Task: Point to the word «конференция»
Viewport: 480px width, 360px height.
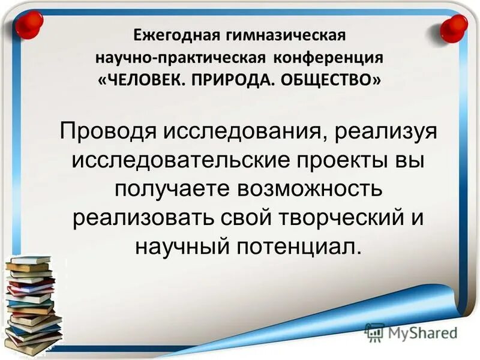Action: (x=329, y=58)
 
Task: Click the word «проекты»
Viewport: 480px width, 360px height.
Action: (x=327, y=162)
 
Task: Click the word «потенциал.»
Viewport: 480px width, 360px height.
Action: (x=299, y=247)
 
